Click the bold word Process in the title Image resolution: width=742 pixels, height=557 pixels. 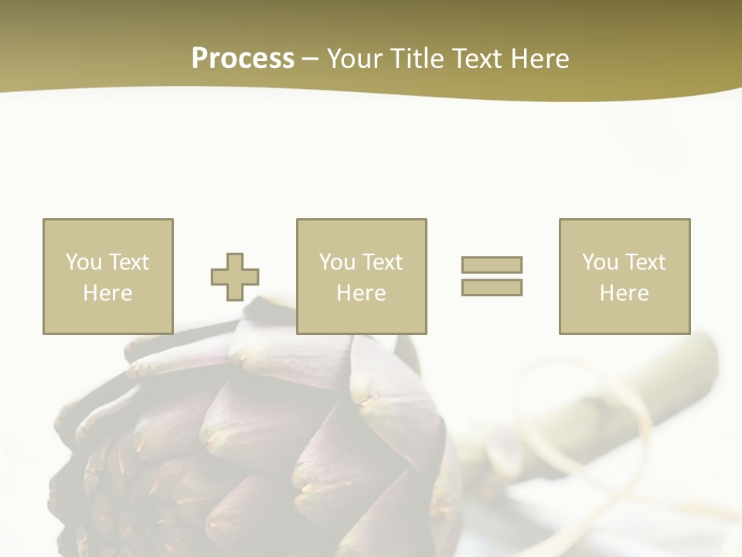coord(243,59)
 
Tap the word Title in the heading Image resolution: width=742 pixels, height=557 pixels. coord(415,59)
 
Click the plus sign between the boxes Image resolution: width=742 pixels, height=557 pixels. coord(235,277)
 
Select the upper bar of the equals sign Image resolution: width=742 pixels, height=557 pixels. coord(492,265)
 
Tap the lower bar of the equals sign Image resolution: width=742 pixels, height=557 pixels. coord(492,287)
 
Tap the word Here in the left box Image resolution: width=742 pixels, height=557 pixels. coord(107,293)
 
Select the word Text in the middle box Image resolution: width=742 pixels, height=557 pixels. coord(382,262)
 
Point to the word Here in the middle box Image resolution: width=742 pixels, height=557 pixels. coord(361,293)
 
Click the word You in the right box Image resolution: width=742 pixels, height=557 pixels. coord(600,262)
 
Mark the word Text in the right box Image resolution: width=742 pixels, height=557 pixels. coord(645,262)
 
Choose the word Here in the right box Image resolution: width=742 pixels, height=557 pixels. coord(624,293)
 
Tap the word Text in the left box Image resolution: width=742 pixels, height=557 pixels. coord(128,262)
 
